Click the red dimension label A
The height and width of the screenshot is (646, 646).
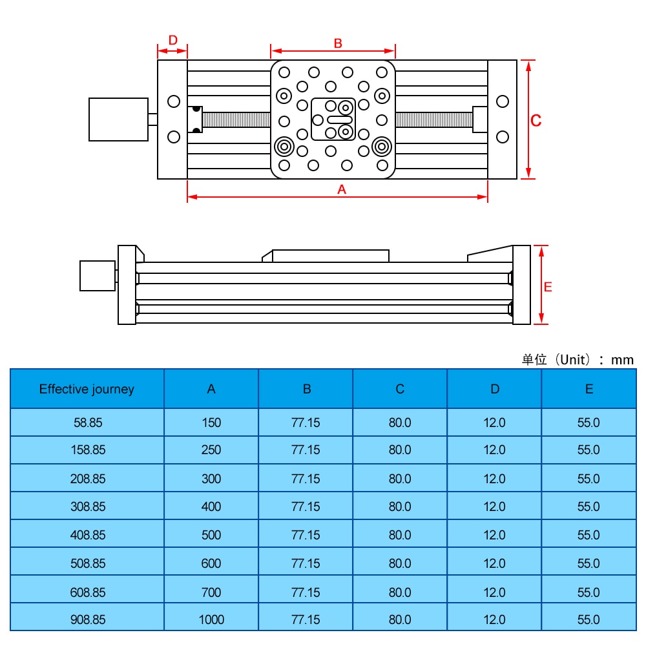click(x=342, y=189)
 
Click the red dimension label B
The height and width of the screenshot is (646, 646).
click(x=338, y=43)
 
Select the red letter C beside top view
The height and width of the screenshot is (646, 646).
click(x=536, y=120)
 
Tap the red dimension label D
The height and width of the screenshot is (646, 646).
click(x=172, y=40)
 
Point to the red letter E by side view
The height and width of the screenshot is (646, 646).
click(x=548, y=287)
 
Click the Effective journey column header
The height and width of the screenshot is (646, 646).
click(x=87, y=389)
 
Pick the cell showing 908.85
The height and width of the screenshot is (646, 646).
click(x=87, y=620)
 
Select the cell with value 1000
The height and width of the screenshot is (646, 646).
click(x=211, y=620)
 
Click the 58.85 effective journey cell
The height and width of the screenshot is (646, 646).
click(x=87, y=422)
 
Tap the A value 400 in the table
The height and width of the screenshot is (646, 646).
click(x=211, y=506)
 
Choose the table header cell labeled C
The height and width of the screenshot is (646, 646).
click(x=400, y=389)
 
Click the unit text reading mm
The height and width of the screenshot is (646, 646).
click(x=622, y=360)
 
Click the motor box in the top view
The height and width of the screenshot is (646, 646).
click(x=118, y=120)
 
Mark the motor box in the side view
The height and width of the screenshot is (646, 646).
click(x=97, y=276)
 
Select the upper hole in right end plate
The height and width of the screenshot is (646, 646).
click(x=503, y=101)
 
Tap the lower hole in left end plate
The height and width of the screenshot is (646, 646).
click(x=173, y=136)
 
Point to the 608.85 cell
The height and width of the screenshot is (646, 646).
click(x=87, y=592)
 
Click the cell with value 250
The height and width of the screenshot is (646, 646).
click(x=211, y=450)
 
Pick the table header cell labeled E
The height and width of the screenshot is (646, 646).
click(x=589, y=389)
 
